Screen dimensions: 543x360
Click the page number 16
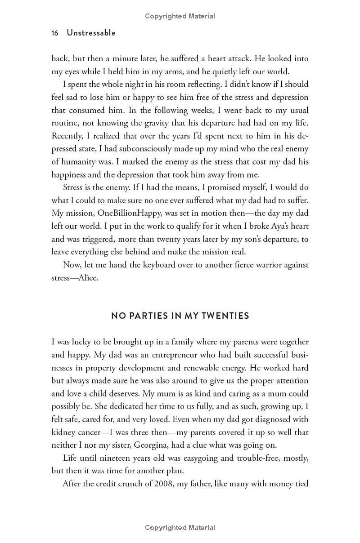click(55, 33)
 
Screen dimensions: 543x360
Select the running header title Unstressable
click(91, 33)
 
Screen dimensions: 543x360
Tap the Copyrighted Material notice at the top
click(180, 16)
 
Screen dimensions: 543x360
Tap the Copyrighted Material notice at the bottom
click(180, 528)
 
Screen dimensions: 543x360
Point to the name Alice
click(88, 278)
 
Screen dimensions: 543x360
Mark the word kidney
click(63, 432)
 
